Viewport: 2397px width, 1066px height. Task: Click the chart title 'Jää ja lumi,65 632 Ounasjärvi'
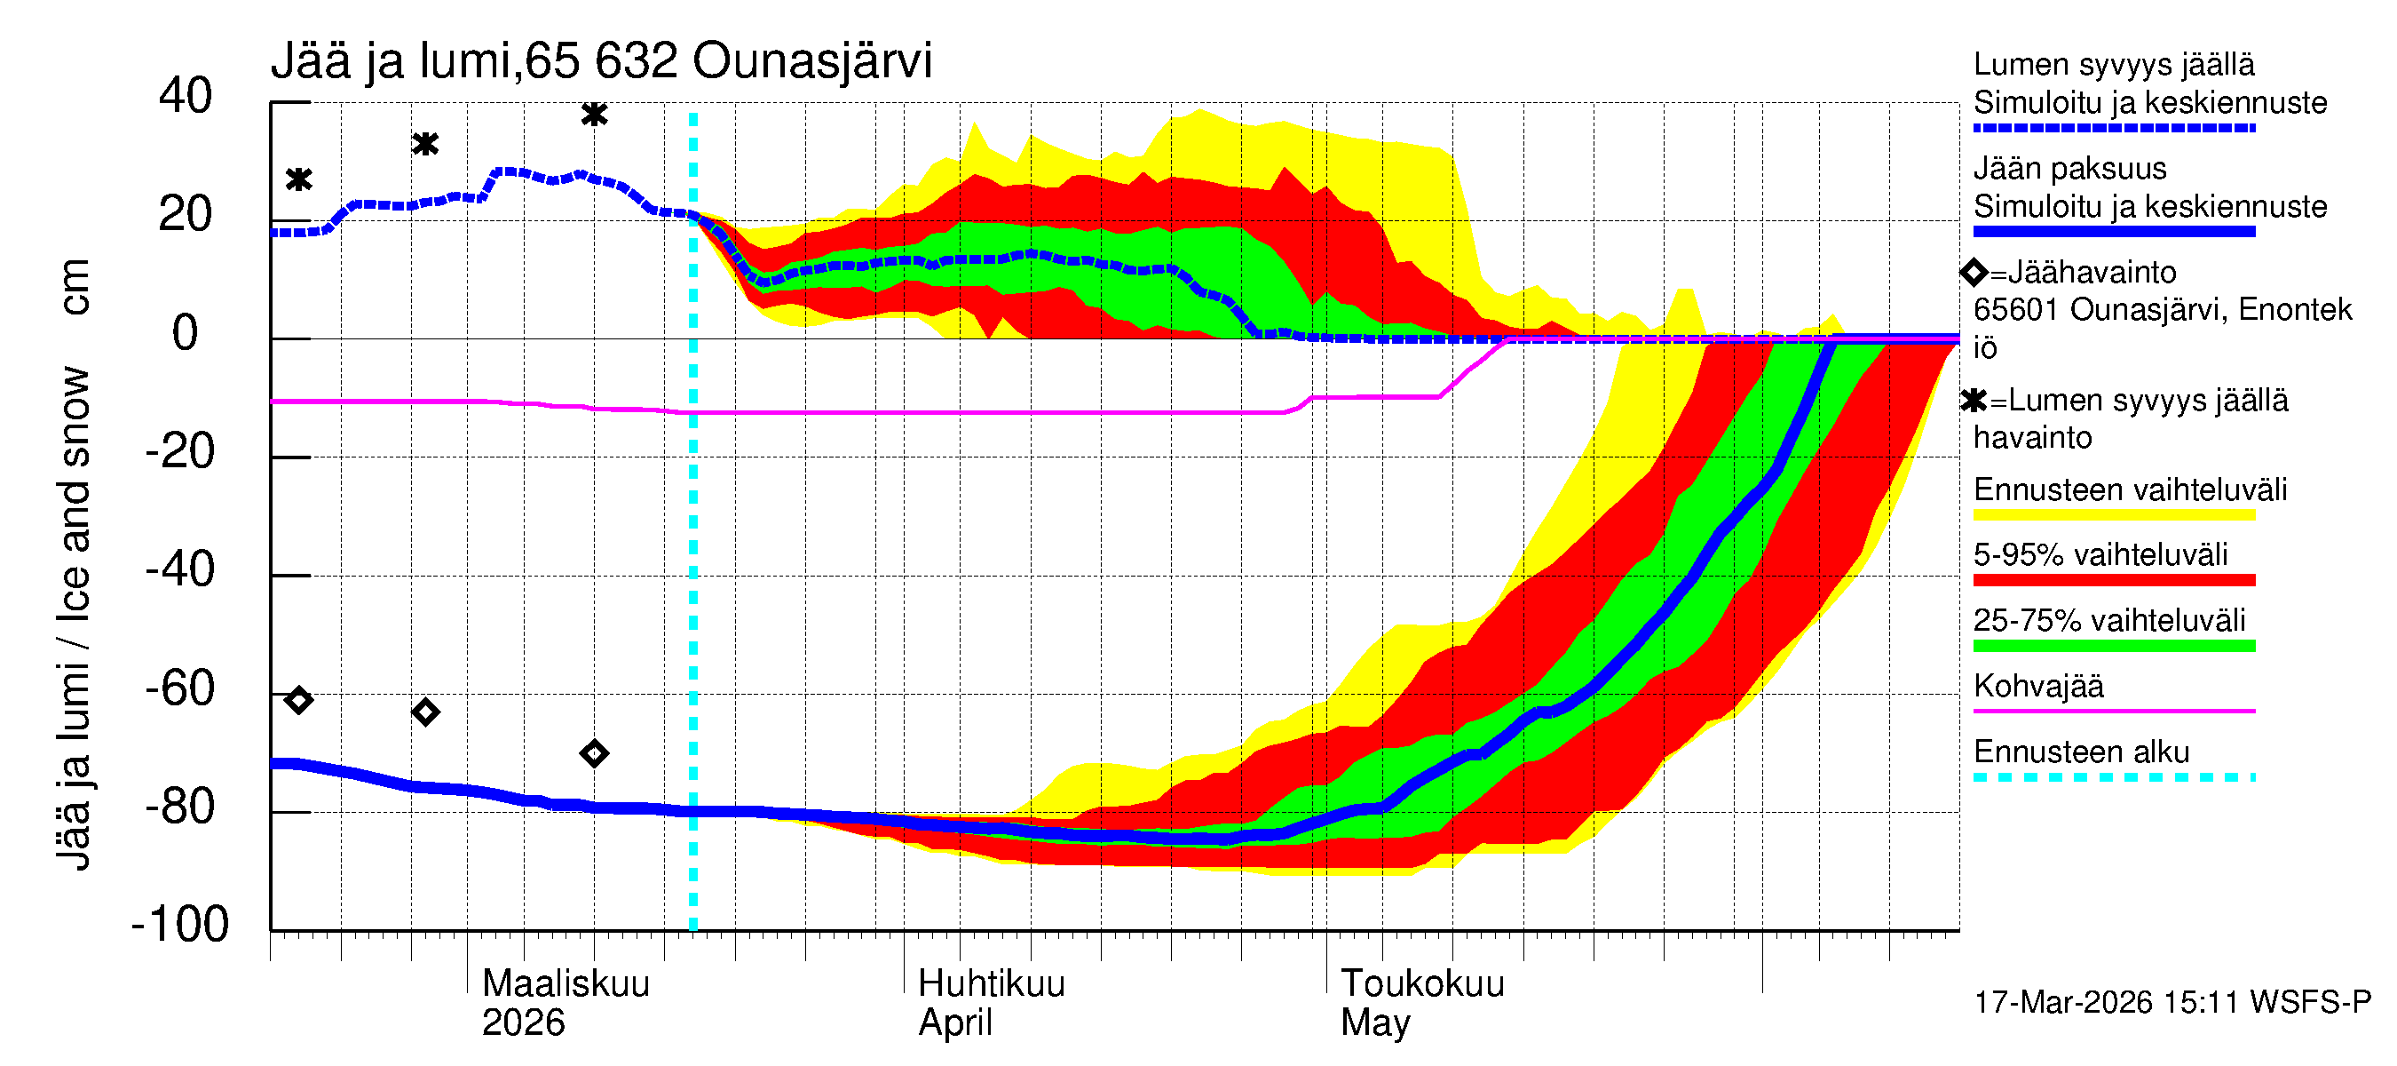point(601,61)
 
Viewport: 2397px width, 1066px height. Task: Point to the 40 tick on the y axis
point(186,96)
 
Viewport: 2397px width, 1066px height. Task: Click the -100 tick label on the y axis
point(180,925)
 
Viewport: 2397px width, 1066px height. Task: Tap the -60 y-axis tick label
point(180,689)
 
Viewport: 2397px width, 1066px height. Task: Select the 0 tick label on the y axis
point(186,333)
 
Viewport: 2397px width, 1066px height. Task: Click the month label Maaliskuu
point(566,984)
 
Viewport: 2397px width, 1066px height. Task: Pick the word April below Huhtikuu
point(955,1023)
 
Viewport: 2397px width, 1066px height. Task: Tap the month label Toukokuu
point(1422,984)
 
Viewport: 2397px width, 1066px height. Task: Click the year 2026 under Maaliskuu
point(523,1023)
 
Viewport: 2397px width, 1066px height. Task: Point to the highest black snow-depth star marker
point(595,115)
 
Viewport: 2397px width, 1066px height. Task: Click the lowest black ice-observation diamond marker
point(595,753)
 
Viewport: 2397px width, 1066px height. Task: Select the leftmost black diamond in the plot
point(298,700)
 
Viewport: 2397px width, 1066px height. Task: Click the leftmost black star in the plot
point(298,179)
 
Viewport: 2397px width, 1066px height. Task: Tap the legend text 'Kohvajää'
point(2037,686)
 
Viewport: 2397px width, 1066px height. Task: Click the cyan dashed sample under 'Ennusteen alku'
point(2113,777)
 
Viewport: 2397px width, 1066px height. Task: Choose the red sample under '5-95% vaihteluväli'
point(2113,580)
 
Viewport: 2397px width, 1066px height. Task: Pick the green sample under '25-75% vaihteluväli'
point(2113,646)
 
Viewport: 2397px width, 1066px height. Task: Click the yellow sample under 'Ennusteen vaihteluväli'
point(2113,515)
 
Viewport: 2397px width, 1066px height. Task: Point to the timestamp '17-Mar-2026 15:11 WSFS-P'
point(2172,1003)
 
